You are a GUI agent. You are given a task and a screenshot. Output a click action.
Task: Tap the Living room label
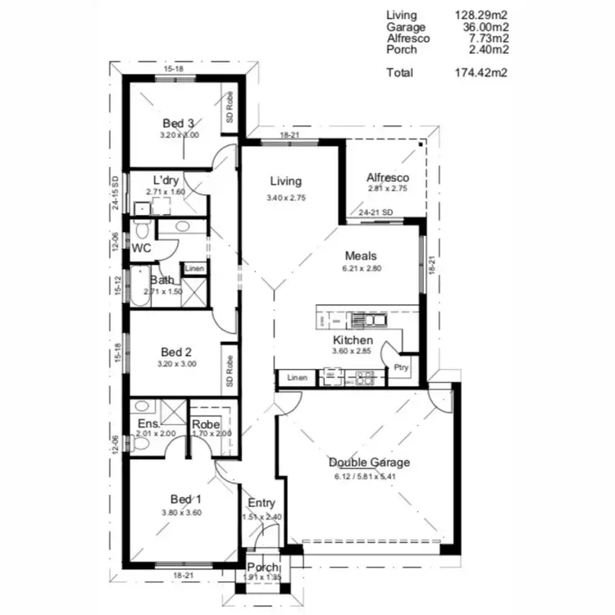[285, 181]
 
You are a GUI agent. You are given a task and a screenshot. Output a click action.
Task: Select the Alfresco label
[388, 177]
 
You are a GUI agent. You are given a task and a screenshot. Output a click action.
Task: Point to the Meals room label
[362, 255]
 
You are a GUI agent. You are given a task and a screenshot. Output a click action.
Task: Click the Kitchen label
[353, 340]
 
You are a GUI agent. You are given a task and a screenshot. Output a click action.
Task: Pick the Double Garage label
[369, 462]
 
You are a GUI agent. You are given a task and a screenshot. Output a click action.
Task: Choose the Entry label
[262, 503]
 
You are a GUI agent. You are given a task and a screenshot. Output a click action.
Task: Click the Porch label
[262, 567]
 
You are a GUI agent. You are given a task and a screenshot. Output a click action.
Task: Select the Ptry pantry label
[402, 367]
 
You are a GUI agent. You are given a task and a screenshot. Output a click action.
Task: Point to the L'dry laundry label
[166, 180]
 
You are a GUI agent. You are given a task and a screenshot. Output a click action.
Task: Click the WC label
[141, 247]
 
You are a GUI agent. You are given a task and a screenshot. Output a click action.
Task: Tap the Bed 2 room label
[176, 353]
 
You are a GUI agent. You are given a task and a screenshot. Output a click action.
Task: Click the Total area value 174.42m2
[481, 73]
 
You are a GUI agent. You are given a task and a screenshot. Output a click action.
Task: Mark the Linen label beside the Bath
[194, 268]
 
